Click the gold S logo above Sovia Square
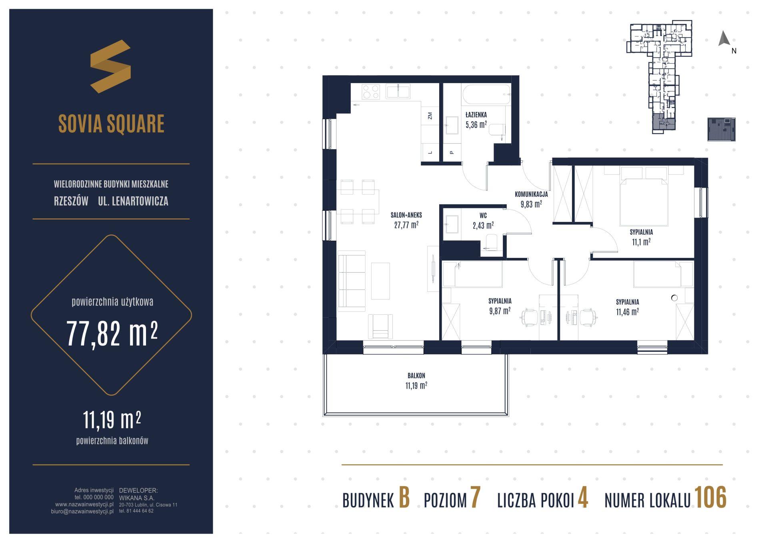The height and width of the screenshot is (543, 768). click(x=110, y=66)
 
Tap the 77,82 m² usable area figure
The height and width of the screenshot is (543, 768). click(x=112, y=334)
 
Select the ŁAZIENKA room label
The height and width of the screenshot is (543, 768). click(x=476, y=115)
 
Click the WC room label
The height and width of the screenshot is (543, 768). click(x=483, y=216)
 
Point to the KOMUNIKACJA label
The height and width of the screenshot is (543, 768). click(x=531, y=194)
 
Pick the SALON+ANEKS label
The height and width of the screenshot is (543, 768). click(x=406, y=215)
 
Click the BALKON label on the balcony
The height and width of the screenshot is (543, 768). click(x=416, y=376)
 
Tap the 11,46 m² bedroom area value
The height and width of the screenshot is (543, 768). click(x=627, y=311)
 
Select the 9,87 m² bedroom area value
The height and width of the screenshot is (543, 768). click(x=500, y=310)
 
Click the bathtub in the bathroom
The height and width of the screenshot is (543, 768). click(x=487, y=94)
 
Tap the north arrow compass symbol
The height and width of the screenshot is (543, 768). click(x=724, y=38)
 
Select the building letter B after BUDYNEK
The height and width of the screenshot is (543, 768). click(x=404, y=498)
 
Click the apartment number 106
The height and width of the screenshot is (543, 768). click(x=710, y=498)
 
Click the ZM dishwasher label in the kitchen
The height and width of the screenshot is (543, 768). click(x=430, y=116)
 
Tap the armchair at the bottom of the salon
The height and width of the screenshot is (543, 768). click(x=380, y=326)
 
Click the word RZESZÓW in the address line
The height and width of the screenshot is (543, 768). click(x=71, y=201)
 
